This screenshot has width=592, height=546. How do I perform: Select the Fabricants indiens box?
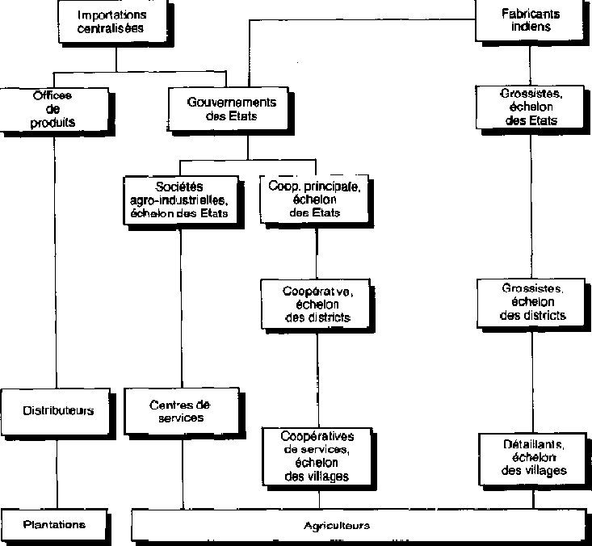tap(531, 19)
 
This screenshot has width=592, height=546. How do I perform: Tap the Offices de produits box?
tap(54, 110)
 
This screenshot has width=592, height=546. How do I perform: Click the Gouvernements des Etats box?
tap(232, 109)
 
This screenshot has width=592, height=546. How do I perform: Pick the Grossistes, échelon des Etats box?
tap(531, 107)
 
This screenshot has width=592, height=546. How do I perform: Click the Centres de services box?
tap(179, 410)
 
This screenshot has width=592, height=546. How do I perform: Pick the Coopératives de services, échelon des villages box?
tap(317, 456)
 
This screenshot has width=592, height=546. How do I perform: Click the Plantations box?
tap(55, 524)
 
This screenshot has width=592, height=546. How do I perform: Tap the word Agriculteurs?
tap(337, 525)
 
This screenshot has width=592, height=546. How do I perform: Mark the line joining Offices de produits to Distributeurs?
tap(56, 258)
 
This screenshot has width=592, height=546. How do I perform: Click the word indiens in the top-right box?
tap(531, 26)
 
